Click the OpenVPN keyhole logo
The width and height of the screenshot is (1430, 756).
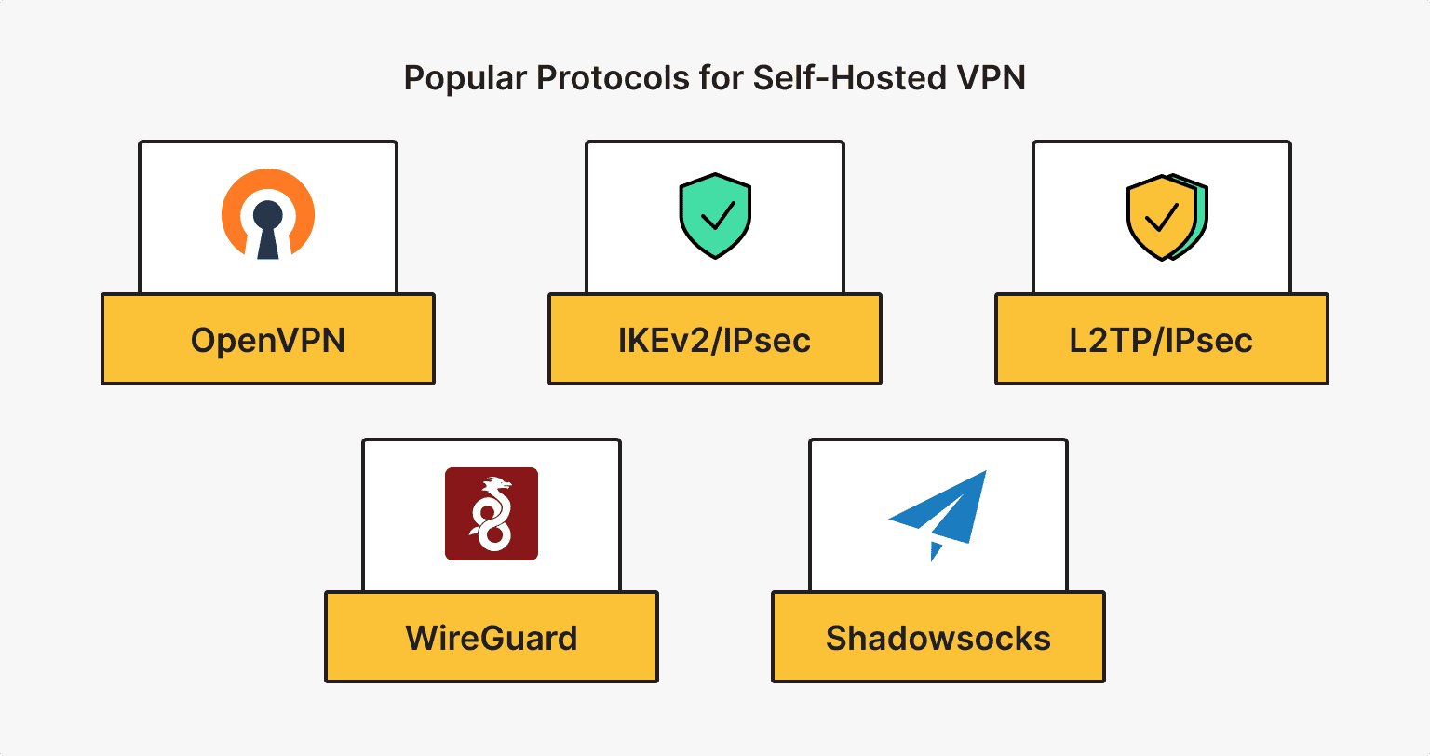pos(268,214)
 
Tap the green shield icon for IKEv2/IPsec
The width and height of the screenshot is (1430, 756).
pos(715,215)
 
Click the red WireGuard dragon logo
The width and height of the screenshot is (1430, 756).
pos(492,513)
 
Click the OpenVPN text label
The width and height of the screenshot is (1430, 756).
pos(268,341)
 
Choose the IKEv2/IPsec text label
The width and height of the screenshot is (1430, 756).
pos(715,341)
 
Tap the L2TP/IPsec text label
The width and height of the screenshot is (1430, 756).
pos(1161,341)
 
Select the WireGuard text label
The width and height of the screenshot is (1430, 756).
pos(492,639)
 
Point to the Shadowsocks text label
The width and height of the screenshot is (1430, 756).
pos(938,639)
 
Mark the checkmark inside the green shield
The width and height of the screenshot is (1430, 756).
pos(716,218)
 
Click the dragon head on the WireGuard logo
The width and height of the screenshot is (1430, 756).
pos(499,486)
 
